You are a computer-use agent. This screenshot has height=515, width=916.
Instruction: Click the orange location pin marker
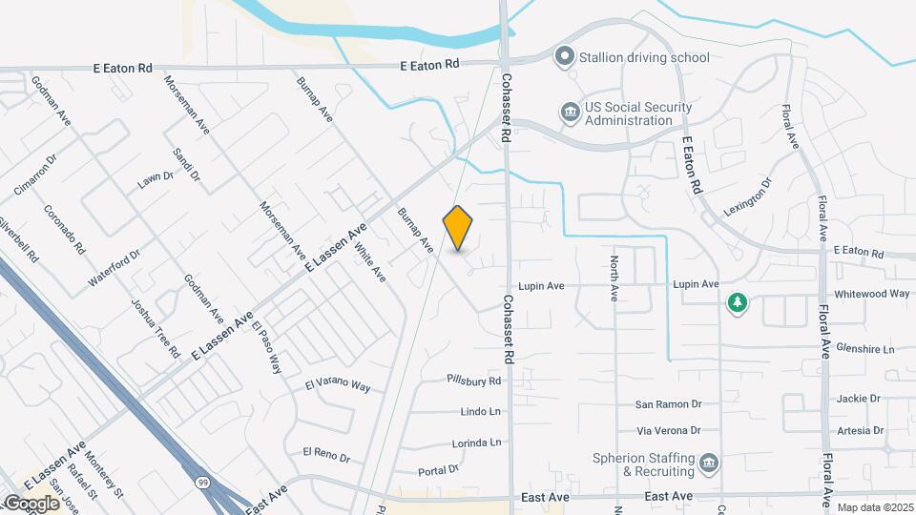(458, 228)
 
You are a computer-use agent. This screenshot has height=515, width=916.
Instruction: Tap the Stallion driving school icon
(564, 57)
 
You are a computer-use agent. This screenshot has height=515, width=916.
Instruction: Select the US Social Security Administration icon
(570, 113)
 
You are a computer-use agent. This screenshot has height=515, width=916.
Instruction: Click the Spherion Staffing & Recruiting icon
(708, 464)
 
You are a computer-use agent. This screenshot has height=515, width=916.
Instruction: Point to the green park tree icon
(737, 303)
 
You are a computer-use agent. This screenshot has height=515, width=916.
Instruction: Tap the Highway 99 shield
(203, 483)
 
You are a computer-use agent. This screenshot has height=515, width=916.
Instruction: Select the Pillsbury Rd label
(474, 381)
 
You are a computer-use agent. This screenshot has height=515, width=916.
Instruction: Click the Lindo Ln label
(481, 412)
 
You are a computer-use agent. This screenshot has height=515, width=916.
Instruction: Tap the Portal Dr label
(439, 469)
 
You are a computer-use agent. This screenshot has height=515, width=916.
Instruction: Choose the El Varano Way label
(337, 386)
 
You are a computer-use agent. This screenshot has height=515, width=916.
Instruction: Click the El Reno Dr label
(326, 451)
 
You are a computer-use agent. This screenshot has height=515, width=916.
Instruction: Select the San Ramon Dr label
(669, 404)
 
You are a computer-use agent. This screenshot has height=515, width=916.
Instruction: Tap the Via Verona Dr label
(669, 430)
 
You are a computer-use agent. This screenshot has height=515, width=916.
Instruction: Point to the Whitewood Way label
(871, 294)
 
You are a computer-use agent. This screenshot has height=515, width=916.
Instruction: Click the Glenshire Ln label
(864, 349)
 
